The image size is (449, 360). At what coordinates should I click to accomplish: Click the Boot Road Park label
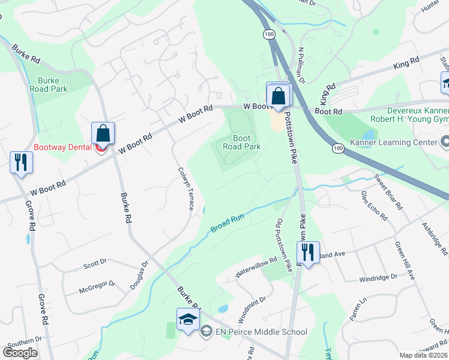tap(242, 142)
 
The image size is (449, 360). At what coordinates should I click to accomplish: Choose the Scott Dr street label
tap(95, 263)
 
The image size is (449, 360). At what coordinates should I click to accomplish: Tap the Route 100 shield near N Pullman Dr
tap(266, 36)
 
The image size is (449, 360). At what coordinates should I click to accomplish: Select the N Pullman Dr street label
tap(302, 65)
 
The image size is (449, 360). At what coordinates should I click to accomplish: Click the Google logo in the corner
tap(20, 353)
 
